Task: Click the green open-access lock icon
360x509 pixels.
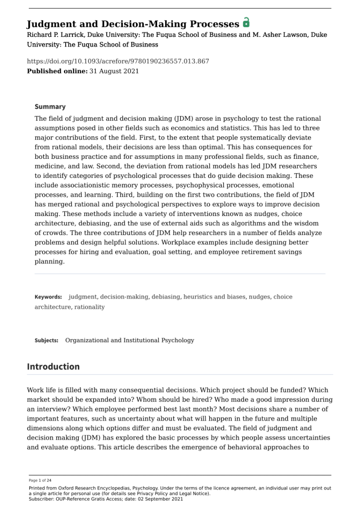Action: (246, 23)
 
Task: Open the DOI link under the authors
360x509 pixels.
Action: (118, 62)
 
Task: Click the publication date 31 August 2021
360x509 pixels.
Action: (114, 71)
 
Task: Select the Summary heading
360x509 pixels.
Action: (50, 107)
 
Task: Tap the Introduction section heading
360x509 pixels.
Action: (53, 366)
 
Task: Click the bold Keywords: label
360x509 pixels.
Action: (48, 297)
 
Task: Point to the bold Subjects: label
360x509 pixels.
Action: (46, 340)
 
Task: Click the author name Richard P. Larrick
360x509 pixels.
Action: (54, 35)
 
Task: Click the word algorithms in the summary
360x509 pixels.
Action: (253, 223)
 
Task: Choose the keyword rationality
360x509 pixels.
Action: (90, 307)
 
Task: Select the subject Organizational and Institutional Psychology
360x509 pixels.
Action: (130, 340)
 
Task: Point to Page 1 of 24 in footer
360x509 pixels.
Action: (40, 480)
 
